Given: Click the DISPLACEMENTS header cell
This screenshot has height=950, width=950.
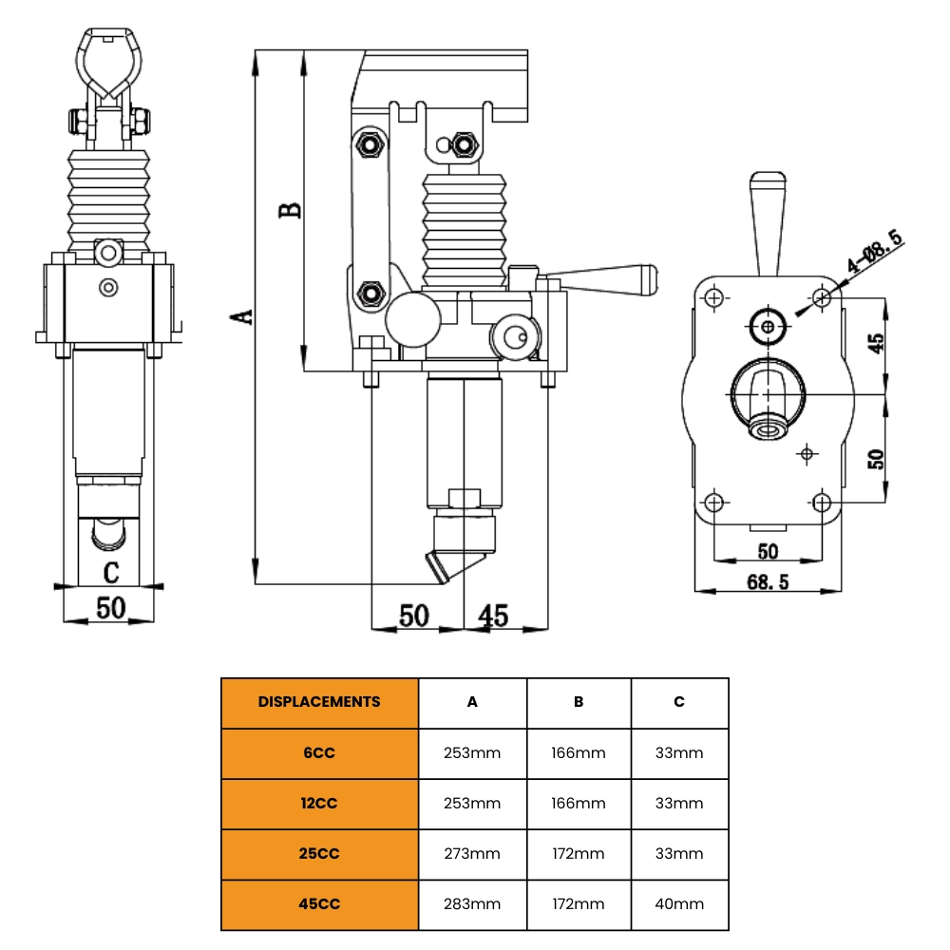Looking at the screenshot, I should coord(319,702).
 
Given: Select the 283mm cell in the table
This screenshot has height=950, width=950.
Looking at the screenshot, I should coord(472,903).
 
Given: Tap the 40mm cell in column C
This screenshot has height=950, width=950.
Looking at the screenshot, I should coord(679,903).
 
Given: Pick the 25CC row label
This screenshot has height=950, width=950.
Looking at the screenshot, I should coord(319,853).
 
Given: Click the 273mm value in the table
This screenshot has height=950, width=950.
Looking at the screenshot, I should coord(472,853).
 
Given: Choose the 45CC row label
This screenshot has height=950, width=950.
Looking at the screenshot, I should coord(319,903).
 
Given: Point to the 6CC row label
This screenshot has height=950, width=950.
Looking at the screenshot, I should coord(319,752).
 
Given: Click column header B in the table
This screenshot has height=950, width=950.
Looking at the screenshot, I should coord(579,702).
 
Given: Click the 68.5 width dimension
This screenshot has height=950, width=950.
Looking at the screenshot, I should coord(768,581).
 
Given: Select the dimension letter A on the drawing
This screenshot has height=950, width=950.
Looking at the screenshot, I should coord(245,315).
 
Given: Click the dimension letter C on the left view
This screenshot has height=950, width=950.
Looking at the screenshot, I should coord(111,572).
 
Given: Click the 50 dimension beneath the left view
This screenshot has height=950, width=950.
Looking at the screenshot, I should coord(111,608).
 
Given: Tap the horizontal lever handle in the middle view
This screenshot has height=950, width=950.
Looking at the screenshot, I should coord(608,277).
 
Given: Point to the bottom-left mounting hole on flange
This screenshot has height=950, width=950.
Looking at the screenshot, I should coord(716,502).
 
